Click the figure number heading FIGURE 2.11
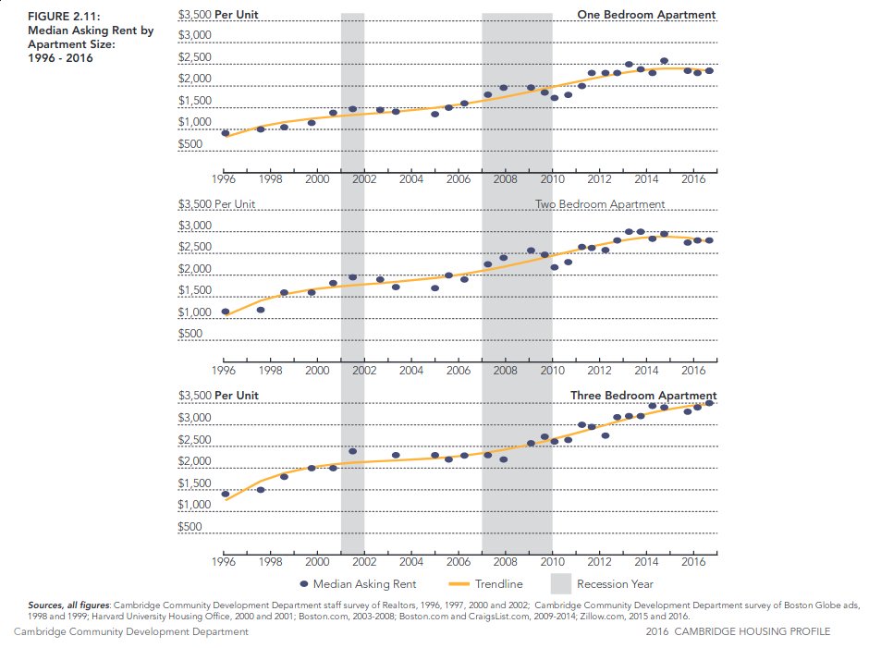(60, 16)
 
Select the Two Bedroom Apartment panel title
(599, 204)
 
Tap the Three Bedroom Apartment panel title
(642, 396)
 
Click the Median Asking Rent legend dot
(304, 584)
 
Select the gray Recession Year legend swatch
(560, 584)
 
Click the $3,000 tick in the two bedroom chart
(195, 226)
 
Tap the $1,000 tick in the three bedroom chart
(195, 506)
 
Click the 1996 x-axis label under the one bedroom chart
(223, 179)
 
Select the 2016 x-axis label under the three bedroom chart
(692, 561)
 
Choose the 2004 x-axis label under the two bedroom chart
(410, 370)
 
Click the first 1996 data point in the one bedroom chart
(225, 133)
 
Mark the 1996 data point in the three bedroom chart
(225, 495)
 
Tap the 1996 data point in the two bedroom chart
(225, 312)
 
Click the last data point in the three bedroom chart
(709, 403)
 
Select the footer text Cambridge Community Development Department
(130, 631)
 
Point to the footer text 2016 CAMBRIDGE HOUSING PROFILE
(739, 631)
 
